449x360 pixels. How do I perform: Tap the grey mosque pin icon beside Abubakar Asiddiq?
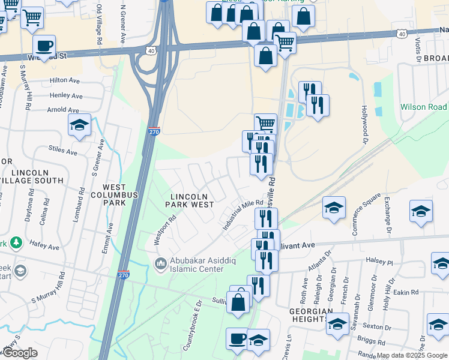[x=160, y=263]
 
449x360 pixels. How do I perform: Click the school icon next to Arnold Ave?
[x=79, y=125]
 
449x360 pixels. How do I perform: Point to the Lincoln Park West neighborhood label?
[x=192, y=200]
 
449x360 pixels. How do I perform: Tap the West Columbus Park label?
[x=115, y=194]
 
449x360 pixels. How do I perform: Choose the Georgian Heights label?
[x=310, y=316]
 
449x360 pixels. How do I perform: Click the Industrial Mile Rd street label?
[x=243, y=215]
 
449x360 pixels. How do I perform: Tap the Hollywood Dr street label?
[x=364, y=125]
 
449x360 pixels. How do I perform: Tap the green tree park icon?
[x=16, y=243]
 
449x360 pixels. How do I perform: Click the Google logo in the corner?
[x=20, y=352]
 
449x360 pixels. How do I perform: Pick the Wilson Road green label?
[x=424, y=107]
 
